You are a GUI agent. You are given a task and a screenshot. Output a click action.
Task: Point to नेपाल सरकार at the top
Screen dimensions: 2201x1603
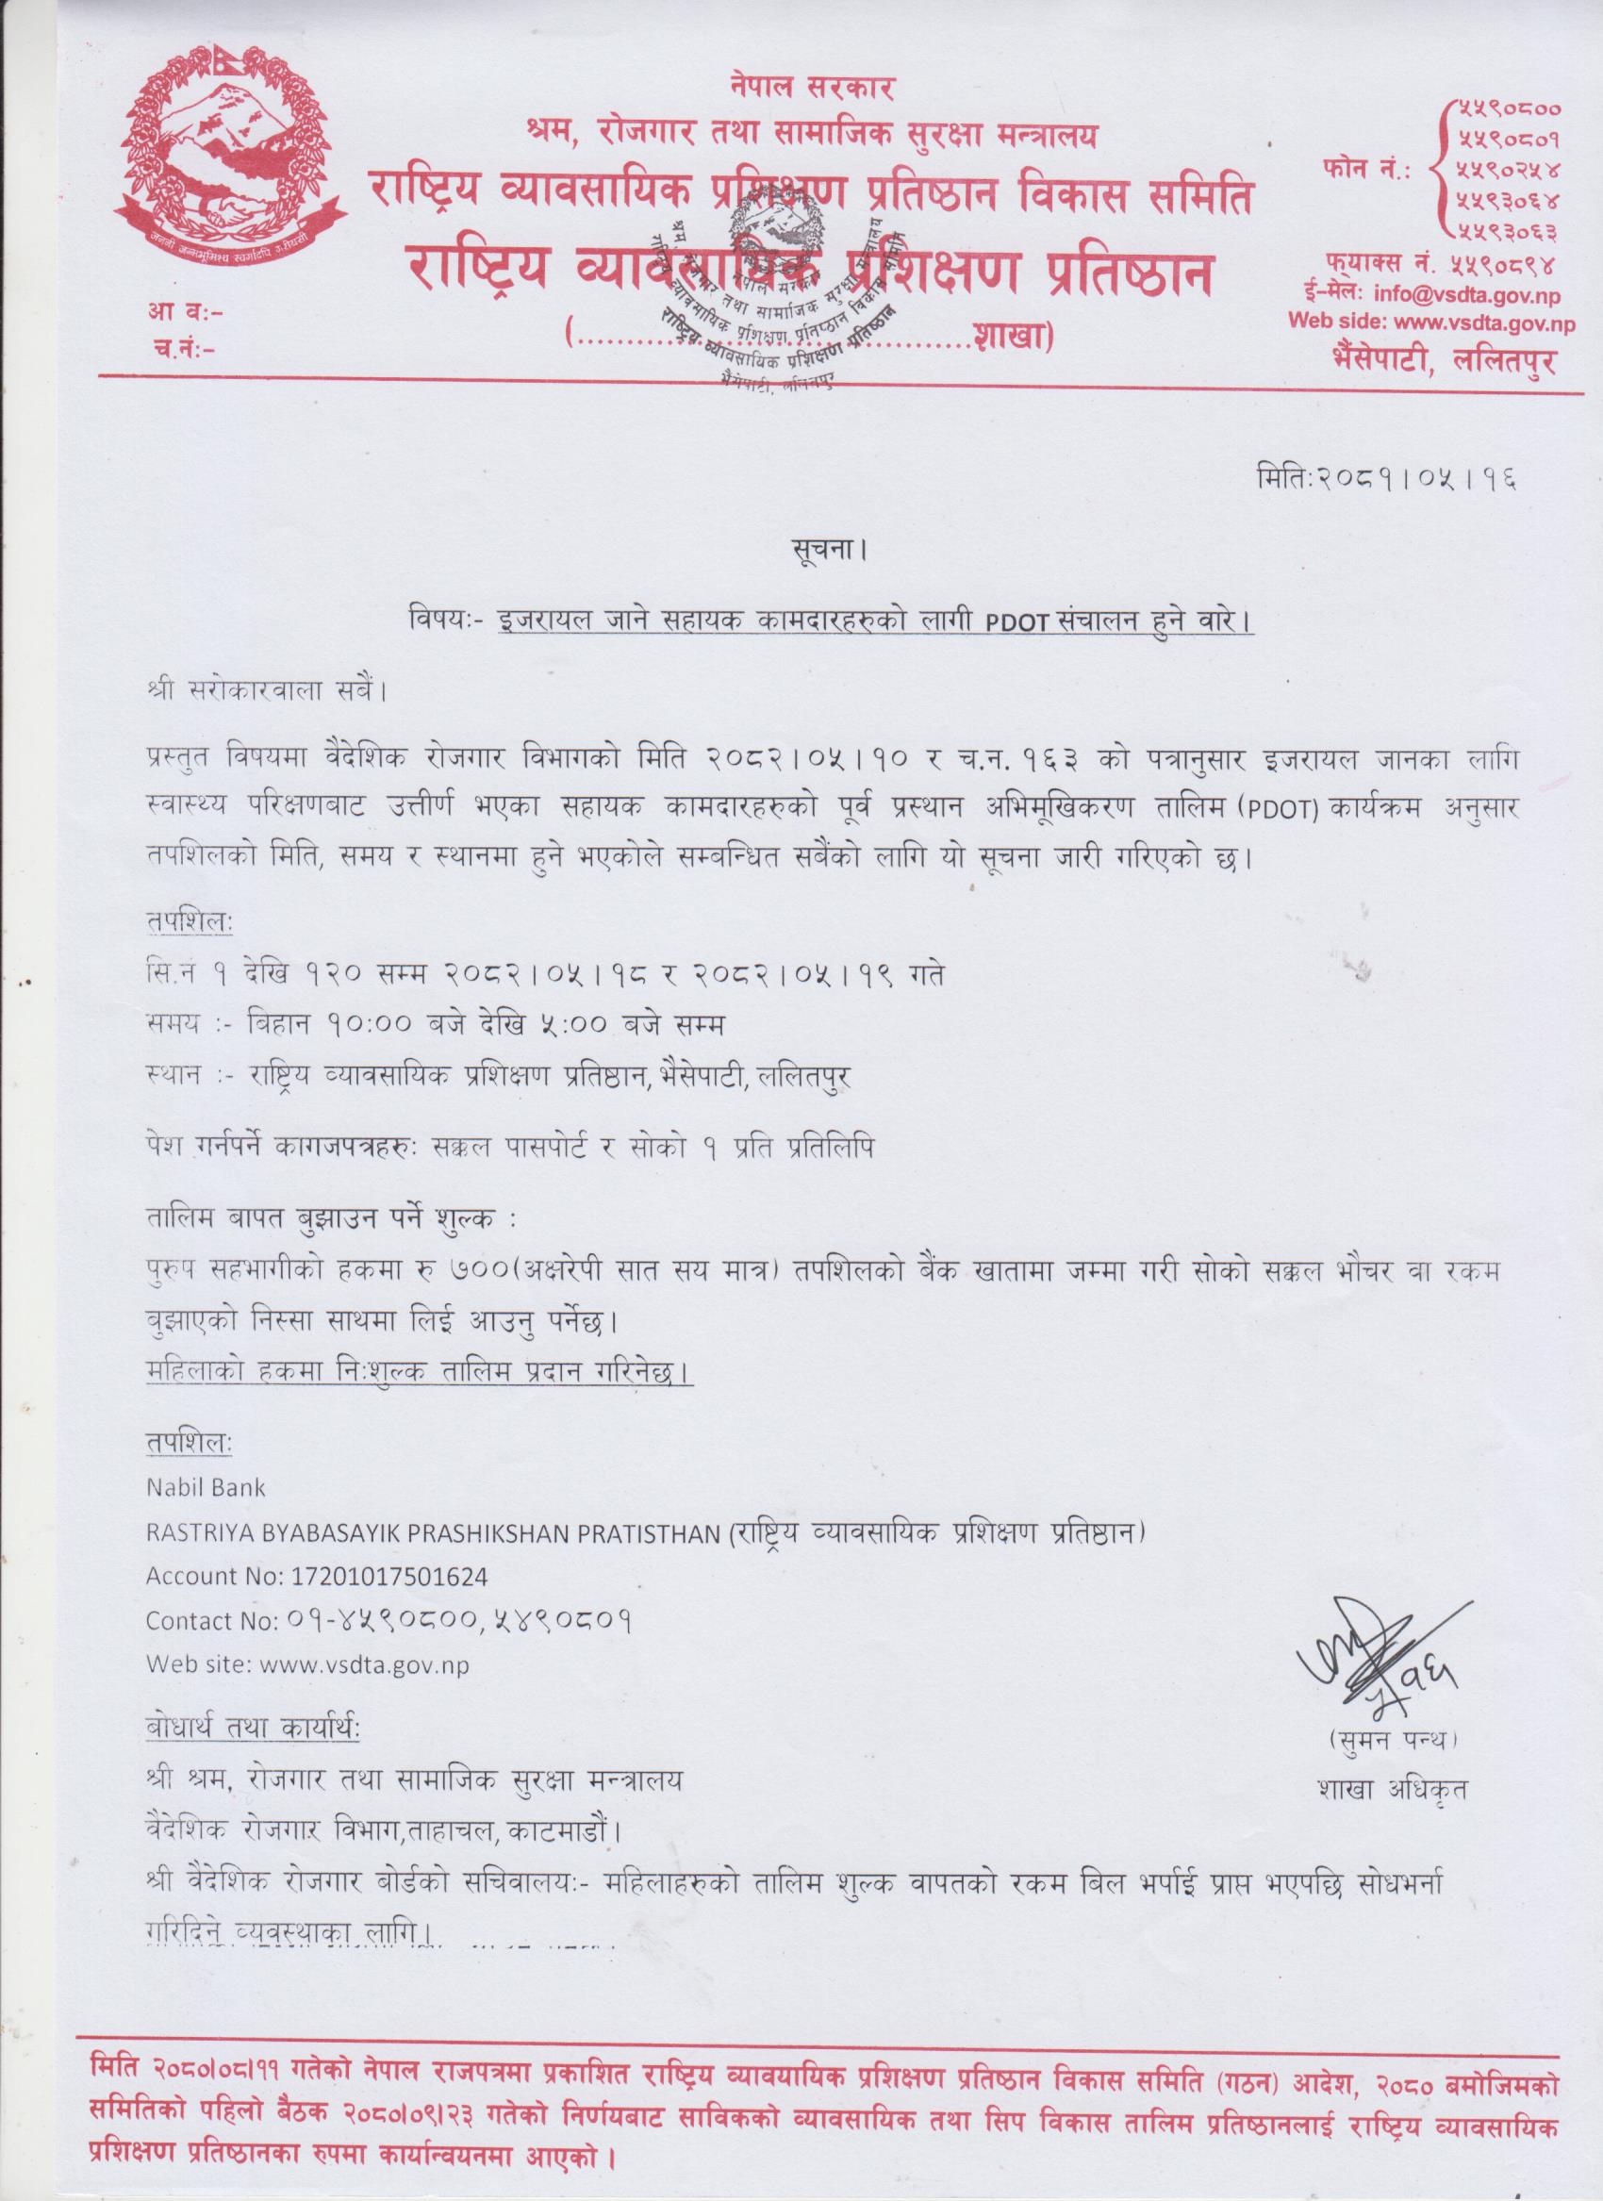point(813,89)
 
